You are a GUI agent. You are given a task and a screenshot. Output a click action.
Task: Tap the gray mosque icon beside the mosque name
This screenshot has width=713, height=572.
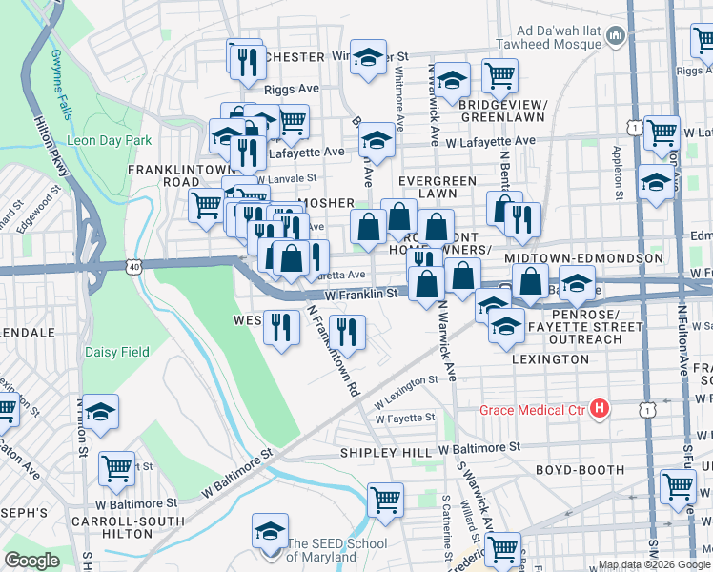(615, 37)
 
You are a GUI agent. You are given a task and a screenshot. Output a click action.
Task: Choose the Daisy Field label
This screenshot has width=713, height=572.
(118, 352)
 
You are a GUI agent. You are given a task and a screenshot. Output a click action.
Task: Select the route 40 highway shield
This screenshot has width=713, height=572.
(134, 268)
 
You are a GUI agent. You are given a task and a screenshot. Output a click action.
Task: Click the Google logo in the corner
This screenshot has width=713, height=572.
(31, 561)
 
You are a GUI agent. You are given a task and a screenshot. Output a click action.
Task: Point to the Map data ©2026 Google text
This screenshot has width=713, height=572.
(653, 565)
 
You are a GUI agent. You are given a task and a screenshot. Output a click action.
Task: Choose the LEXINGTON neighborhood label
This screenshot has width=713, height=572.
(550, 359)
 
